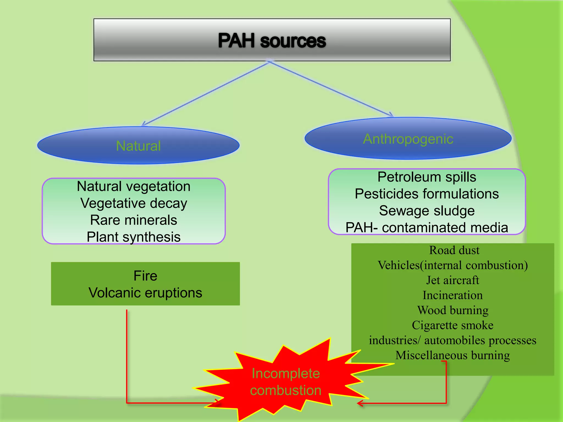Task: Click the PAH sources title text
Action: (x=272, y=41)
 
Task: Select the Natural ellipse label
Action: (x=138, y=146)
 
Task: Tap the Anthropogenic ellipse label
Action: (x=408, y=139)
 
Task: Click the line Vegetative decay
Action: (x=134, y=203)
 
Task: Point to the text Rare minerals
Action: (x=134, y=220)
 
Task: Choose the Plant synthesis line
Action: (x=134, y=237)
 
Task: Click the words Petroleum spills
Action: (x=427, y=177)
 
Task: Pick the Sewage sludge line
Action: (x=427, y=211)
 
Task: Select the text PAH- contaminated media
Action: (x=427, y=227)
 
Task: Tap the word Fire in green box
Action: (x=145, y=276)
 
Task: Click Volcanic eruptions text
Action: (x=145, y=293)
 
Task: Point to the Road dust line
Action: (x=454, y=250)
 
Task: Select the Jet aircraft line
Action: (x=452, y=280)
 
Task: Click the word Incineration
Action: (x=452, y=295)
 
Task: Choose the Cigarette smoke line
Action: (x=452, y=325)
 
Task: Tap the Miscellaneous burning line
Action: (x=452, y=355)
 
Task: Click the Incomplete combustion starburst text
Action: (x=286, y=382)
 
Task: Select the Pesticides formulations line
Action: (x=427, y=194)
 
